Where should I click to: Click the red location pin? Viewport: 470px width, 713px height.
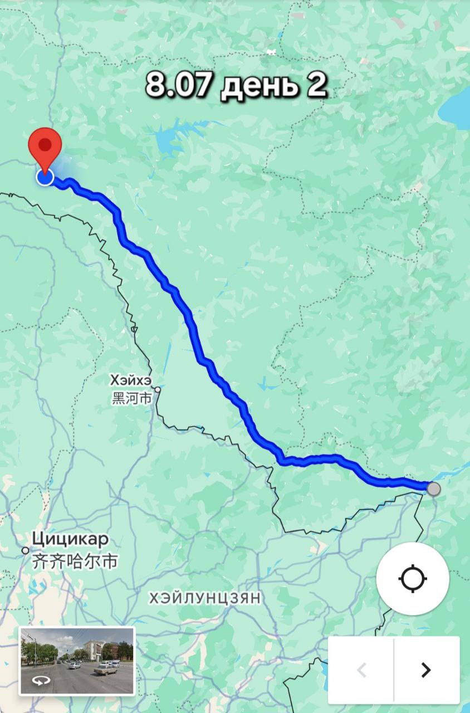tap(45, 144)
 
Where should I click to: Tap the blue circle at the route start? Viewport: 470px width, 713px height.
tap(45, 177)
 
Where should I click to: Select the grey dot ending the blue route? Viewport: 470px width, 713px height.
tap(433, 489)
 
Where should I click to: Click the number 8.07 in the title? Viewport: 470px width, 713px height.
tap(178, 85)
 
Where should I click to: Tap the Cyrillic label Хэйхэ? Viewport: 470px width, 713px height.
tap(130, 380)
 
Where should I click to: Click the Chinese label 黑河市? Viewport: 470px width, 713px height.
tap(131, 399)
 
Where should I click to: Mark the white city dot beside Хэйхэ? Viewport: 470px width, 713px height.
tap(158, 390)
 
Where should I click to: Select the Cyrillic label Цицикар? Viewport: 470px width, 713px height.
tap(70, 539)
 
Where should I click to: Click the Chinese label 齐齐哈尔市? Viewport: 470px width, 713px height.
tap(75, 561)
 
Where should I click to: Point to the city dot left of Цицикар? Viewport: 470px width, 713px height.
tap(26, 550)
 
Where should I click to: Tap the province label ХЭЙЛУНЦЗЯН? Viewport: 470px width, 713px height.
tap(205, 598)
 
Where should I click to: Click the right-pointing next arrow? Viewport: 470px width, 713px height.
tap(426, 669)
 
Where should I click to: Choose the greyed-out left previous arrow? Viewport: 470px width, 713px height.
tap(361, 669)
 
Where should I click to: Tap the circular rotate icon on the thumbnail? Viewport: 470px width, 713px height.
tap(40, 680)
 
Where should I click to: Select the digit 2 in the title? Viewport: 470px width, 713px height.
tap(315, 85)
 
